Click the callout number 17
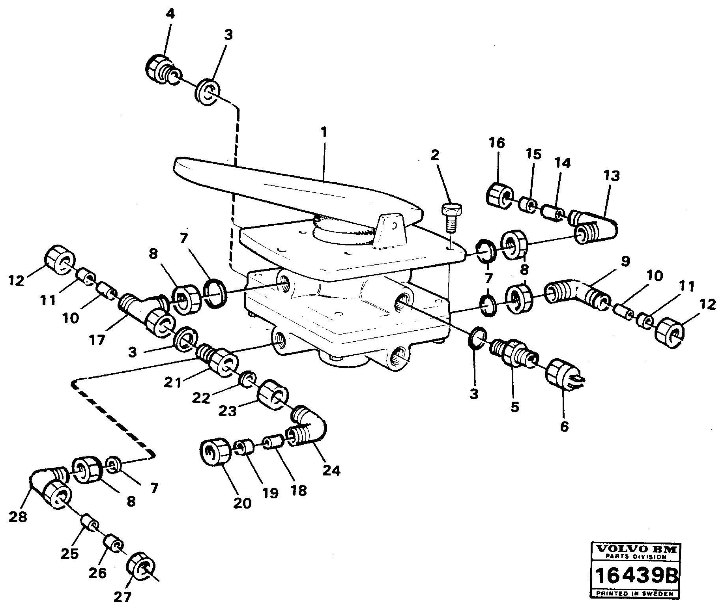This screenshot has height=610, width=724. click(97, 340)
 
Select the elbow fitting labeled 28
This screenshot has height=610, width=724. click(51, 485)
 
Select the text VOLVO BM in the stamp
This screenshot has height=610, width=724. click(636, 549)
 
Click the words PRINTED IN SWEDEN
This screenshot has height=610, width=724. click(636, 593)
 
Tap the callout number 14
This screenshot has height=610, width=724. click(563, 163)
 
